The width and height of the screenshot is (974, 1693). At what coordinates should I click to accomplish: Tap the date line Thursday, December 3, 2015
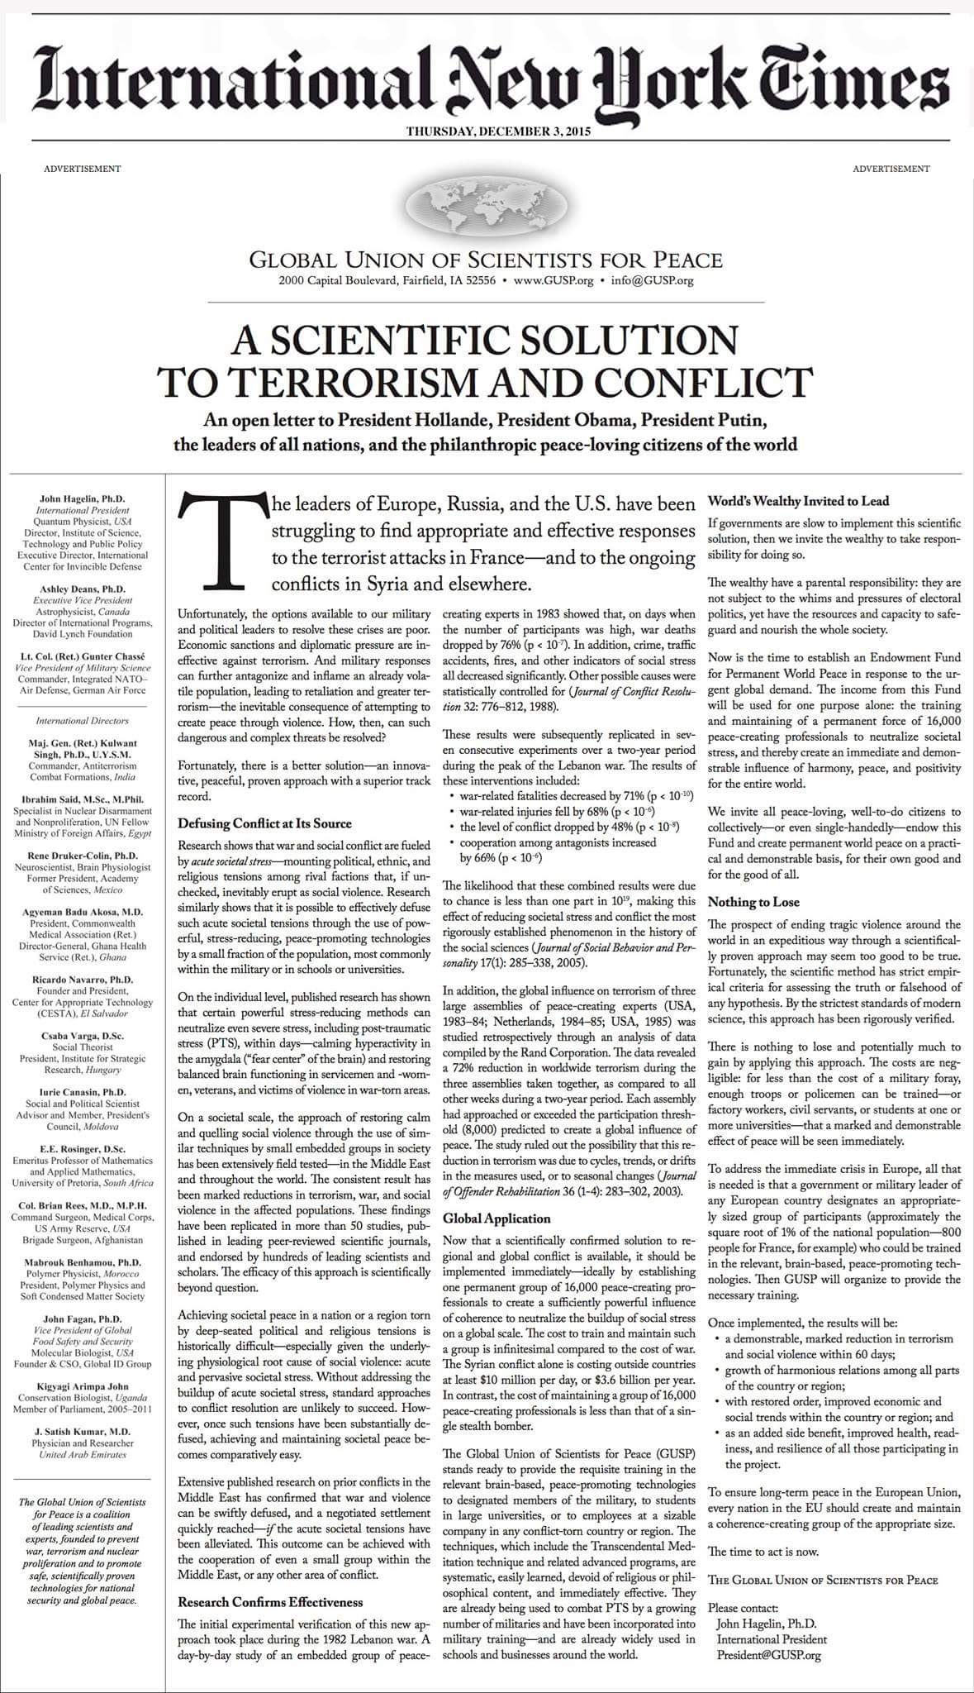click(487, 131)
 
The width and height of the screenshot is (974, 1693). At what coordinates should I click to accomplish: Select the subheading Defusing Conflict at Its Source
click(264, 823)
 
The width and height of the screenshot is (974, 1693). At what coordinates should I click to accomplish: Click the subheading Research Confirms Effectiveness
click(270, 1601)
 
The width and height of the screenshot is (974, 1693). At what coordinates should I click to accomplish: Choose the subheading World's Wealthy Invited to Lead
click(798, 502)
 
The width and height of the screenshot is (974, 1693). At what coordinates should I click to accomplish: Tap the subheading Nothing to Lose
click(753, 902)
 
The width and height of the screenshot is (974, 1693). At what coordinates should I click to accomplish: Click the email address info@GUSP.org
click(652, 281)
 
